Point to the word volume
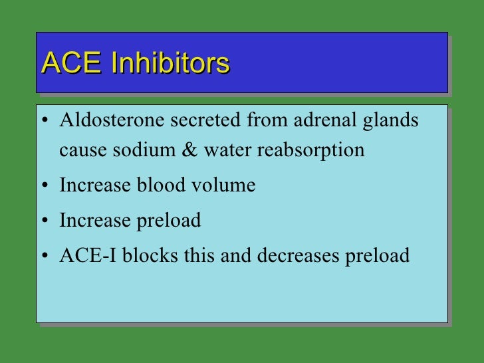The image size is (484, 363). pyautogui.click(x=225, y=185)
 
